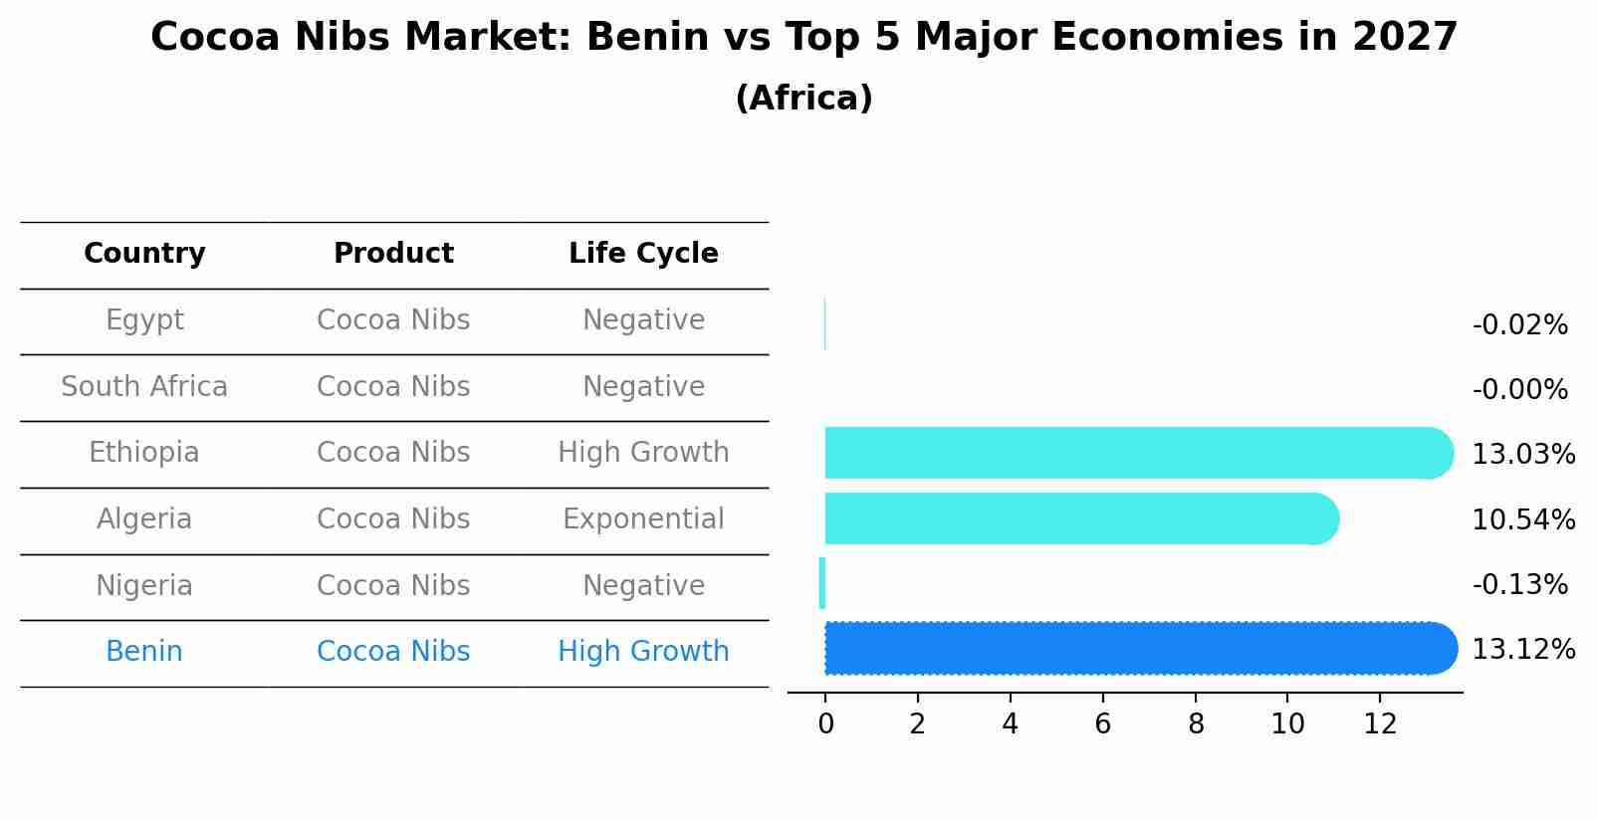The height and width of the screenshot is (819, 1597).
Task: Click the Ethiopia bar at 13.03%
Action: pyautogui.click(x=1135, y=453)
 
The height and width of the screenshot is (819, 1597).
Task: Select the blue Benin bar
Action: pyautogui.click(x=1135, y=648)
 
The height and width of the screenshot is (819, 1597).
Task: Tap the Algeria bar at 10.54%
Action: pyautogui.click(x=1080, y=518)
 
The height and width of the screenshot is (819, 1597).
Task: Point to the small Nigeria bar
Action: pyautogui.click(x=822, y=583)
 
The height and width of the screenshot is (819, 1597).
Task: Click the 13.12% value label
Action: pyautogui.click(x=1522, y=650)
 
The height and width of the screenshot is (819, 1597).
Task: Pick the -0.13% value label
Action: pyautogui.click(x=1519, y=585)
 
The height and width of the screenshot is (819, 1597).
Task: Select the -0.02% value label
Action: pyautogui.click(x=1519, y=325)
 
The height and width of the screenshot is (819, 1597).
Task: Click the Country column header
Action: pyautogui.click(x=144, y=254)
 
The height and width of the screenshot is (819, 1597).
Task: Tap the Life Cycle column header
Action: pyautogui.click(x=643, y=254)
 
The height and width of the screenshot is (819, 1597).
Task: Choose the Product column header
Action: pyautogui.click(x=393, y=254)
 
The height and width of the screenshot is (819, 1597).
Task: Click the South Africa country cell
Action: pyautogui.click(x=144, y=387)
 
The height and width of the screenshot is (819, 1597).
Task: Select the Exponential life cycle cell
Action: pyautogui.click(x=643, y=519)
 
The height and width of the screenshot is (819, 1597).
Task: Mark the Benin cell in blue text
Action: pyautogui.click(x=144, y=652)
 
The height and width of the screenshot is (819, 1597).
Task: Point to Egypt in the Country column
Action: pyautogui.click(x=144, y=320)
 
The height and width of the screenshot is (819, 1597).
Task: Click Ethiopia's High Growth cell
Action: pyautogui.click(x=643, y=453)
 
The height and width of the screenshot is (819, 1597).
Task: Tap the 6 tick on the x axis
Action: pyautogui.click(x=1102, y=724)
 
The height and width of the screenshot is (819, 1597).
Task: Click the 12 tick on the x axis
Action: pyautogui.click(x=1380, y=724)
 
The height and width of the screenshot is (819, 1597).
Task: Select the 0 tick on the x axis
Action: pyautogui.click(x=825, y=724)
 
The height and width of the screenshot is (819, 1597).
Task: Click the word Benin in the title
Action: pyautogui.click(x=640, y=38)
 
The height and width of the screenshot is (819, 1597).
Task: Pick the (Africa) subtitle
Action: pyautogui.click(x=803, y=99)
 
